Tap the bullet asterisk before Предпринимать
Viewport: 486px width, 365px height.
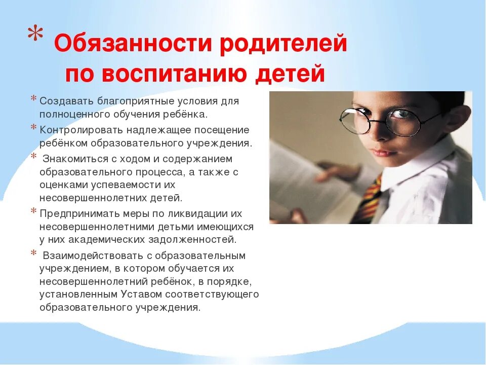pos(33,211)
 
